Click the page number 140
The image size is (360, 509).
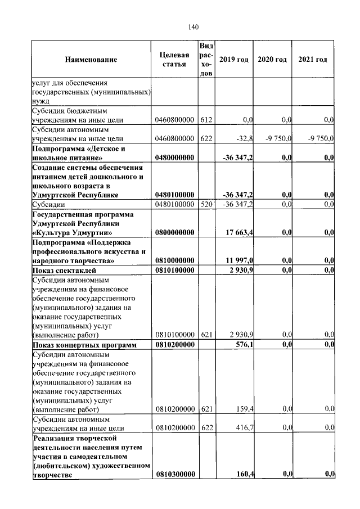194,27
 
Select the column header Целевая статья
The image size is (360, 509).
174,60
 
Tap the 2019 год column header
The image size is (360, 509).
233,60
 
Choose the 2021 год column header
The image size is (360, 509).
313,60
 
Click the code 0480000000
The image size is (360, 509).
174,159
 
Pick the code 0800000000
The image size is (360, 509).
174,232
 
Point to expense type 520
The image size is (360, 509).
206,204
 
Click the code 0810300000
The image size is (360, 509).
174,475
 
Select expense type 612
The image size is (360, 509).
206,120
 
